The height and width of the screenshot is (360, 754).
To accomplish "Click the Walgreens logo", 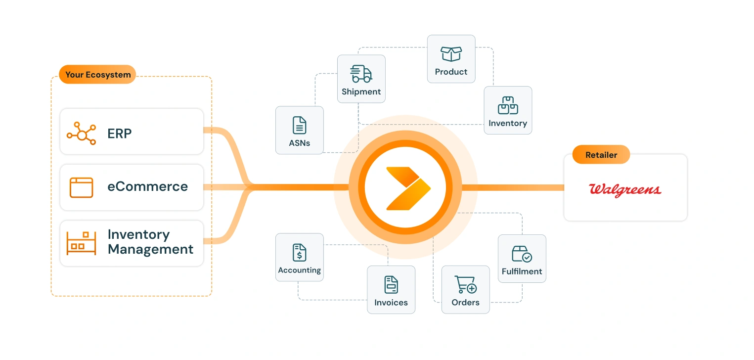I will click(625, 190).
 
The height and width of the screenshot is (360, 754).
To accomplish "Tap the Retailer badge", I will click(601, 155).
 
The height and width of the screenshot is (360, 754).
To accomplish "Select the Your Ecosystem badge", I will click(98, 75).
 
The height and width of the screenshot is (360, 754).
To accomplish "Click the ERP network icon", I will click(82, 133).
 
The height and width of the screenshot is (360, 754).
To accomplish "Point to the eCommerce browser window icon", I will click(82, 187).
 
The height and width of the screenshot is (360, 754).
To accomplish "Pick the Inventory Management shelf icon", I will click(82, 242).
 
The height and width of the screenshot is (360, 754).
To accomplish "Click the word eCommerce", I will click(147, 187).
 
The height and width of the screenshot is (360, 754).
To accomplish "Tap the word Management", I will click(150, 249).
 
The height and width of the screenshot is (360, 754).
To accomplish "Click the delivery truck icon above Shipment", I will click(361, 74).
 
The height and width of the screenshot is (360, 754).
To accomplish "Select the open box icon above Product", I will click(451, 54).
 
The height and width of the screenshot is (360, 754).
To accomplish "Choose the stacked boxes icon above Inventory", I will click(508, 105).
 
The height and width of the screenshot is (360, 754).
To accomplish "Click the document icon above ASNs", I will click(299, 125).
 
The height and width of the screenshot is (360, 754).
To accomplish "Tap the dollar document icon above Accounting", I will click(299, 252).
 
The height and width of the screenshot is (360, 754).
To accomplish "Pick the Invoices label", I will click(391, 303).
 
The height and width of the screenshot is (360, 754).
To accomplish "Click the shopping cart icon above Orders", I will click(465, 285).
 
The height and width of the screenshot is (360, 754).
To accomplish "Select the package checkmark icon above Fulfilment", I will click(522, 254).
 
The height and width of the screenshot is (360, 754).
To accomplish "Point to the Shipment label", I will click(361, 92).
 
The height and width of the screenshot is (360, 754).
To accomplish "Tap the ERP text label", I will click(120, 133).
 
